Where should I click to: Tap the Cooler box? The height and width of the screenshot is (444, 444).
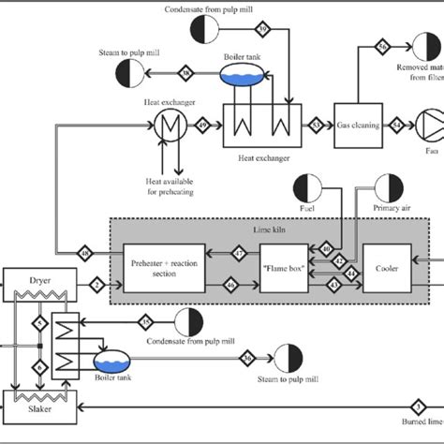point(387,268)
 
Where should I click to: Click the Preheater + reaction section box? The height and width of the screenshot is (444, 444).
point(163,268)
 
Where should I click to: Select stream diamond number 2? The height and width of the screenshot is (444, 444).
point(96,282)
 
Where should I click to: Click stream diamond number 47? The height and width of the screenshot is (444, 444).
point(239,253)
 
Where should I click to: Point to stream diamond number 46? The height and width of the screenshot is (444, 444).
point(231,282)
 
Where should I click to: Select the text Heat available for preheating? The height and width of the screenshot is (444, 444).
point(168,186)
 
